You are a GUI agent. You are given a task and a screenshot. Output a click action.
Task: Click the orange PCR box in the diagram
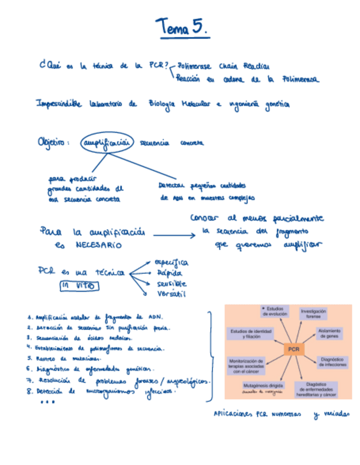coord(294,349)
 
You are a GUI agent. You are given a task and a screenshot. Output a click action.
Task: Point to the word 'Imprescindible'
coord(58,104)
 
